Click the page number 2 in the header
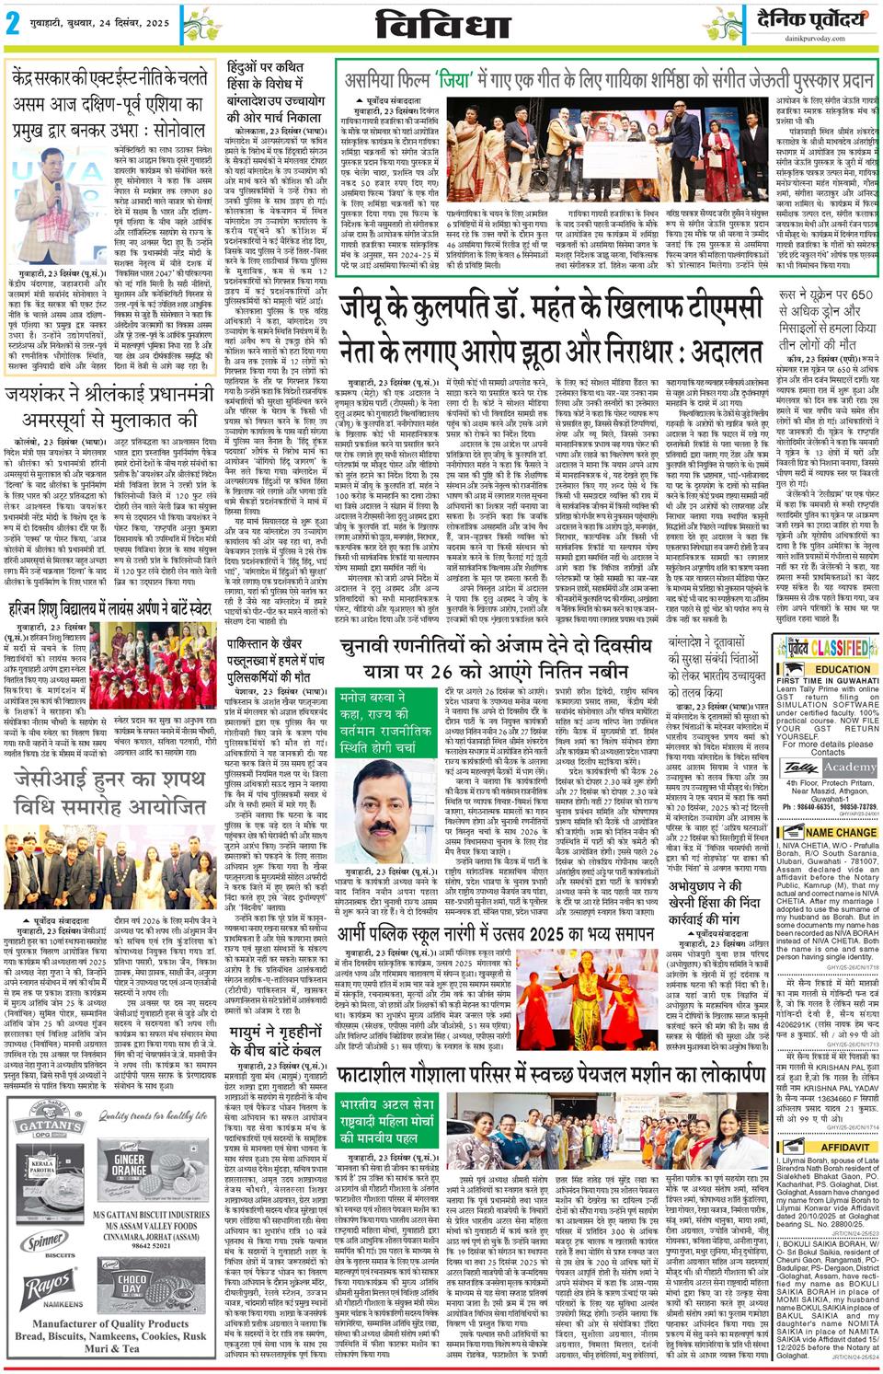(x=13, y=25)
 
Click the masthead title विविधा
(x=441, y=25)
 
